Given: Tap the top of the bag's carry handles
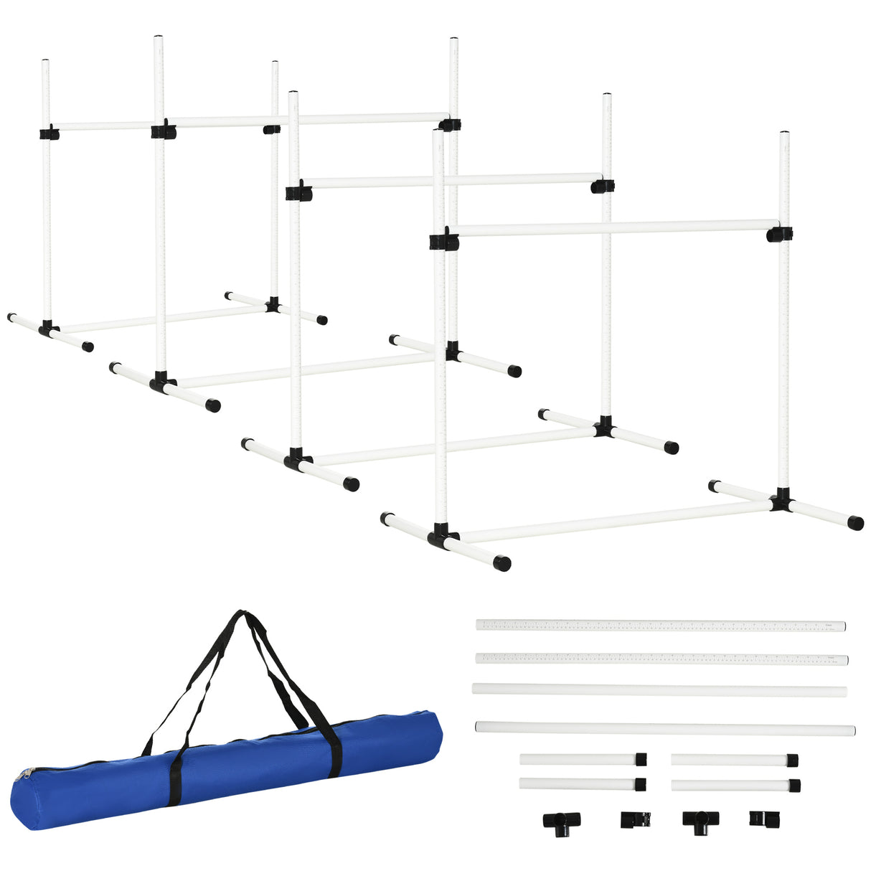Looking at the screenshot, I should tap(241, 615).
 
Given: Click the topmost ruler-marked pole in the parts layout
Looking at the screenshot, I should tap(660, 626).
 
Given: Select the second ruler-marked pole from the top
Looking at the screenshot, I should tap(660, 659).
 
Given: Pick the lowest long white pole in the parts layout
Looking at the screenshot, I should tap(664, 728).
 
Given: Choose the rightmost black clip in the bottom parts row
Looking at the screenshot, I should tap(758, 818).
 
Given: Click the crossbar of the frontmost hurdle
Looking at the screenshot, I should tap(610, 229).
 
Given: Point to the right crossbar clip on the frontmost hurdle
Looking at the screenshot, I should tap(779, 234).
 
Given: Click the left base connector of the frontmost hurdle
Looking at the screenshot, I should tap(442, 535).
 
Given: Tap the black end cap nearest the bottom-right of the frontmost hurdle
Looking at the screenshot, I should tap(855, 522).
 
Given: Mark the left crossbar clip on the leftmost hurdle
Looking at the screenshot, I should tap(49, 133).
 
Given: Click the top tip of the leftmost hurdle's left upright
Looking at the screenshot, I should tap(46, 62).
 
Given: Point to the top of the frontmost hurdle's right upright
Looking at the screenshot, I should tap(784, 134).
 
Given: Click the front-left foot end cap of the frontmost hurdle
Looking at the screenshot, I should tap(503, 563).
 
